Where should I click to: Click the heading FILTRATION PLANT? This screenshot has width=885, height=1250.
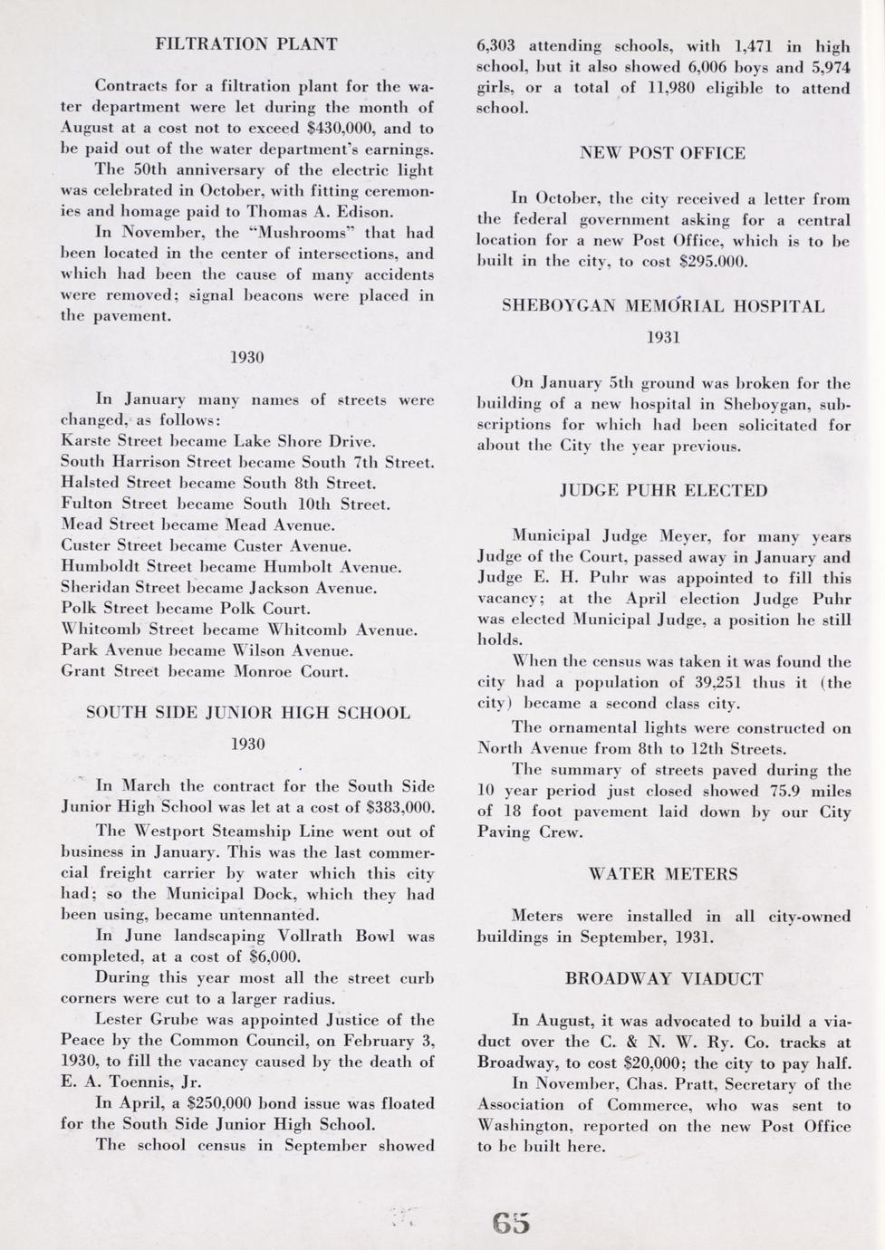pyautogui.click(x=246, y=43)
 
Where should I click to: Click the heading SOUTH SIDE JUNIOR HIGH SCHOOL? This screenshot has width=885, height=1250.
pyautogui.click(x=247, y=713)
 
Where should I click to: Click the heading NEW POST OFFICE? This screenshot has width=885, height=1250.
pyautogui.click(x=662, y=153)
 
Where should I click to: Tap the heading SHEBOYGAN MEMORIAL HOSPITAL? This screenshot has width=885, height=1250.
pyautogui.click(x=663, y=306)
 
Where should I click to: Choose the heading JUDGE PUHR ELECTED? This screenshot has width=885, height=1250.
pyautogui.click(x=663, y=491)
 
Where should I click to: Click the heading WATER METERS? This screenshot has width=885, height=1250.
pyautogui.click(x=663, y=874)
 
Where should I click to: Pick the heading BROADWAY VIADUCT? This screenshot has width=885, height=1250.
pyautogui.click(x=663, y=979)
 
